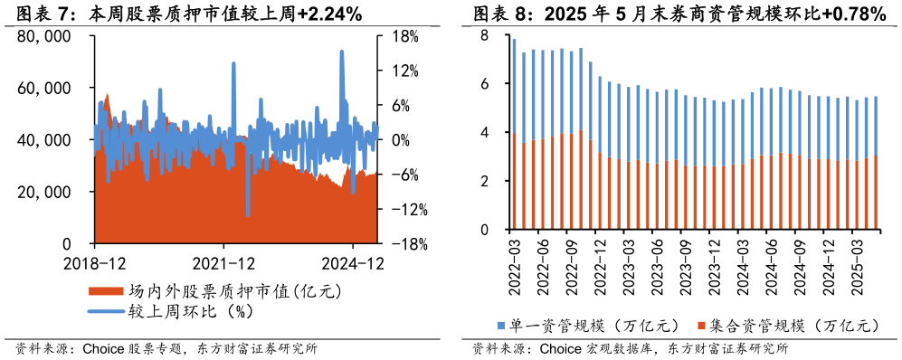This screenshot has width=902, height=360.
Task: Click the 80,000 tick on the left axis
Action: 43,36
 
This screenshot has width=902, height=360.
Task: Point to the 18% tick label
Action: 404,36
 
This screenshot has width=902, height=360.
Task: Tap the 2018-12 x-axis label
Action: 94,264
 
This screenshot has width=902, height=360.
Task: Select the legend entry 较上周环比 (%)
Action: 188,311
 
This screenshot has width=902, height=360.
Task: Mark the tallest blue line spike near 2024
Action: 342,52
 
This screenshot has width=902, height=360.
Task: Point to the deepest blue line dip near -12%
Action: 248,214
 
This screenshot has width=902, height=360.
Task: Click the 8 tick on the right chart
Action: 485,36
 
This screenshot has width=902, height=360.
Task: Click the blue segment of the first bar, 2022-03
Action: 514,86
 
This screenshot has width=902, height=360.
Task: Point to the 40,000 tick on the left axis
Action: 43,140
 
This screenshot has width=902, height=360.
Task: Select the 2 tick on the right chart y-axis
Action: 485,181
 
